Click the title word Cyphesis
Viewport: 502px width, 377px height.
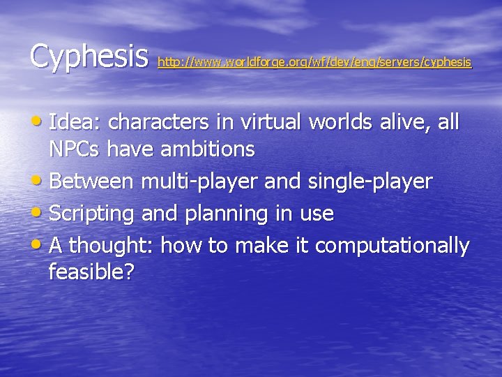[x=89, y=56]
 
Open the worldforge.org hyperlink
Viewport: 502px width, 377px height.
[x=314, y=63]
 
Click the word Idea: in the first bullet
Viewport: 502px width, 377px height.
[x=76, y=122]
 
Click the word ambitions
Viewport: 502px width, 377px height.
[x=210, y=149]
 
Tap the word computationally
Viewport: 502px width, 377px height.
[x=393, y=246]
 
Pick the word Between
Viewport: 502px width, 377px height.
[x=93, y=182]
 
